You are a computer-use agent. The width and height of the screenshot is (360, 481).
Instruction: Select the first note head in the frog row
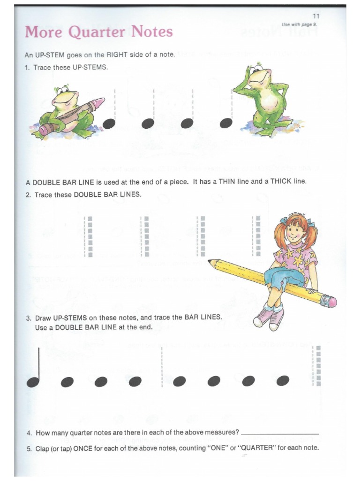click(109, 123)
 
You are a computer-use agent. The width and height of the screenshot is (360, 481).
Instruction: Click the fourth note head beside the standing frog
click(226, 123)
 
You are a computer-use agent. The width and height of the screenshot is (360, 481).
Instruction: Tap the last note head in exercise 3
click(283, 381)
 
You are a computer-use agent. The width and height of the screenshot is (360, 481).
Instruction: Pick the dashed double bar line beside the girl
click(256, 236)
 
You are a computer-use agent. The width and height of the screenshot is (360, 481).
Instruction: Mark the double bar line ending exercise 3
click(317, 365)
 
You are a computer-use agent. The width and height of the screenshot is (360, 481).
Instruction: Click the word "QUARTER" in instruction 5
click(257, 448)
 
